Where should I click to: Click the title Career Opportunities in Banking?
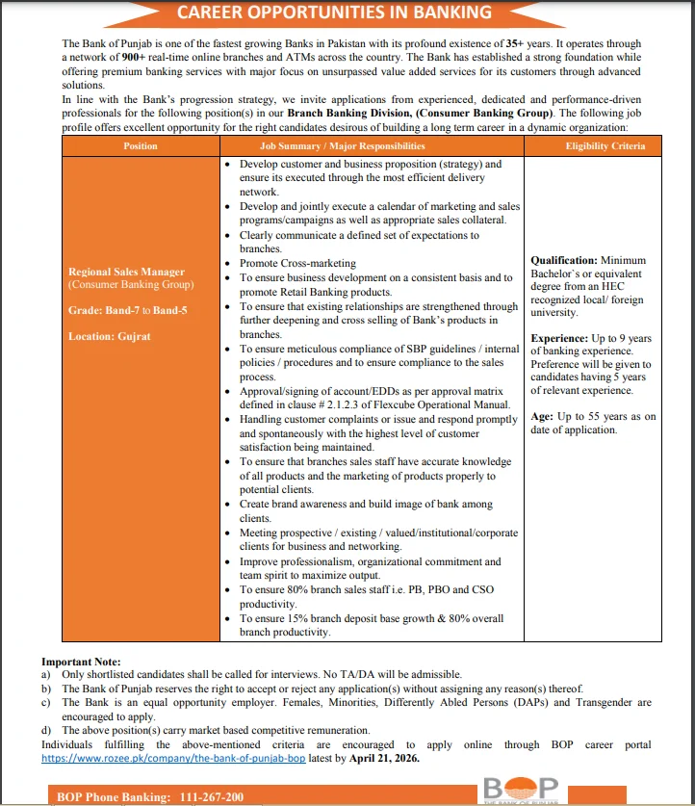pyautogui.click(x=334, y=13)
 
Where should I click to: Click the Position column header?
pyautogui.click(x=141, y=146)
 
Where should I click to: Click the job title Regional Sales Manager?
pyautogui.click(x=126, y=273)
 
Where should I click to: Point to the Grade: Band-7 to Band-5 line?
pyautogui.click(x=128, y=310)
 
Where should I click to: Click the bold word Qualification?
pyautogui.click(x=563, y=261)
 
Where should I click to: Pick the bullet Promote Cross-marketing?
pyautogui.click(x=297, y=263)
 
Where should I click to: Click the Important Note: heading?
pyautogui.click(x=81, y=663)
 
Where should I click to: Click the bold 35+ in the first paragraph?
pyautogui.click(x=517, y=45)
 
